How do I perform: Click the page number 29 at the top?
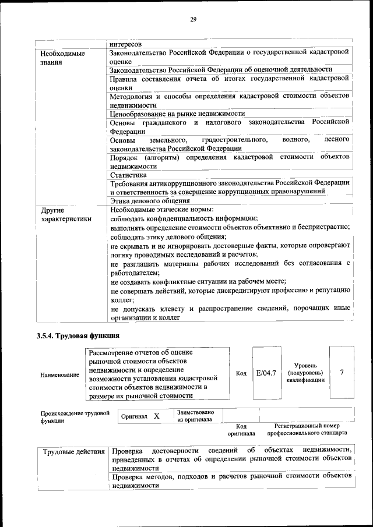click(193, 19)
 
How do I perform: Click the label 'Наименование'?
click(59, 375)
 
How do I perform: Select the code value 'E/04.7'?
click(266, 373)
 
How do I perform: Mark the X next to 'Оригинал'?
click(157, 416)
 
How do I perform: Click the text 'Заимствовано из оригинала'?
click(195, 416)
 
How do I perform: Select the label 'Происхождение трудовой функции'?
click(75, 417)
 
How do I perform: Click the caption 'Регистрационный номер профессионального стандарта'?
click(307, 430)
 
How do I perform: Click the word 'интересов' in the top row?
click(126, 44)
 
